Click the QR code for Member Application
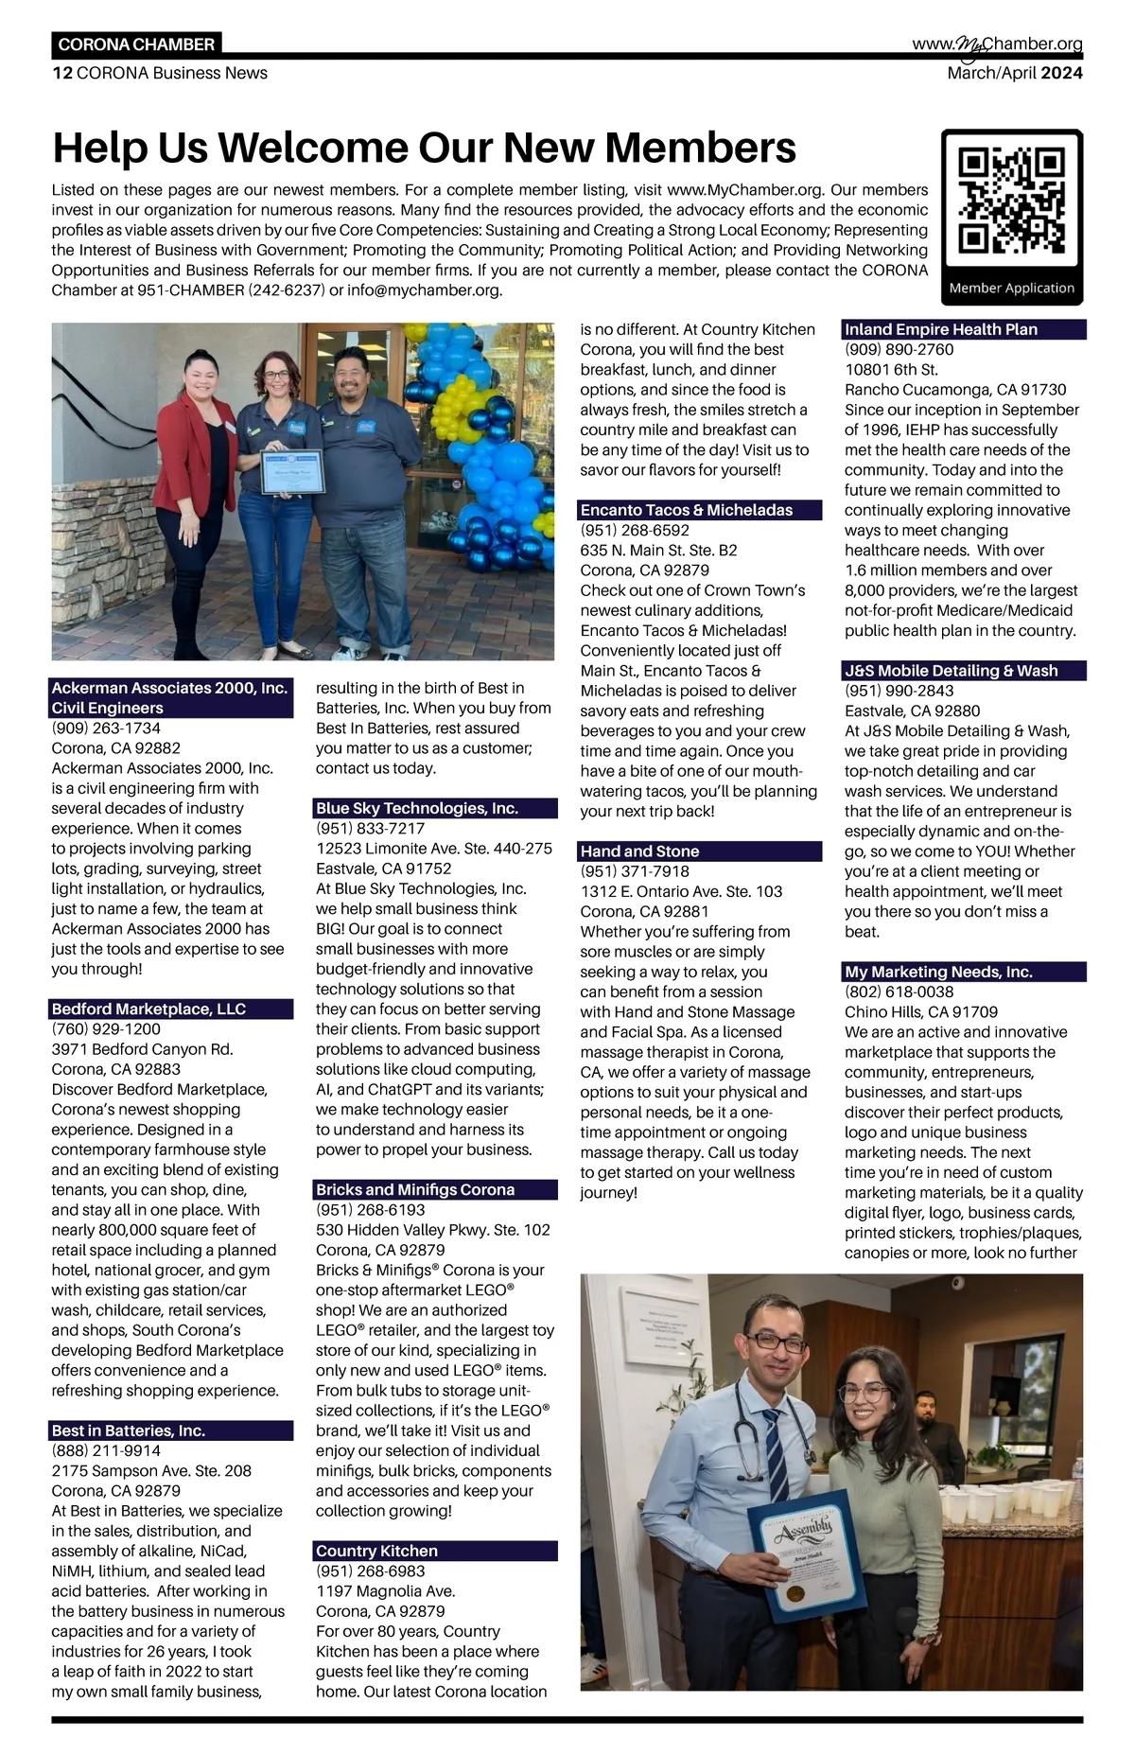click(1011, 202)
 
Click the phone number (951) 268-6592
click(635, 530)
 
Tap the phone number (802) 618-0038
click(899, 992)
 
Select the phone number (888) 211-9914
click(106, 1450)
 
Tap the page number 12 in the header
click(61, 73)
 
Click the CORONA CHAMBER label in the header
click(136, 44)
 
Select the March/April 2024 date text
click(1014, 73)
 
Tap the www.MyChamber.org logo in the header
click(997, 44)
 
